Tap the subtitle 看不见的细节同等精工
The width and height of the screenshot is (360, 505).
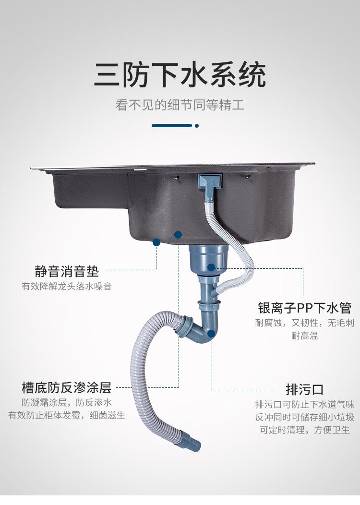click(180, 105)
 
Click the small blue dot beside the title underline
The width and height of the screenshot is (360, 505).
click(197, 126)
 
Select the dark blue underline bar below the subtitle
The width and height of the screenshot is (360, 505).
click(172, 126)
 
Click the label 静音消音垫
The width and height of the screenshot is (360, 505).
click(67, 271)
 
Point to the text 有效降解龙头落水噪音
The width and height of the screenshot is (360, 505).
click(67, 287)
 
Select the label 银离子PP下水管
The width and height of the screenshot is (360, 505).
click(304, 307)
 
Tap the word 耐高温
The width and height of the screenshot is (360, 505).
click(304, 336)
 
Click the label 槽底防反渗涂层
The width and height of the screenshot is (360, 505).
click(67, 387)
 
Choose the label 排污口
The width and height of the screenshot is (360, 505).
click(304, 389)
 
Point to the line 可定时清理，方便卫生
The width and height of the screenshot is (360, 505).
click(304, 430)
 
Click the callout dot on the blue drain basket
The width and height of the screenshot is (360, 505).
click(211, 267)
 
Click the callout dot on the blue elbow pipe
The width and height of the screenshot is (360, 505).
click(212, 333)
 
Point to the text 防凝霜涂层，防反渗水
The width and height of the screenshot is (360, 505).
click(67, 403)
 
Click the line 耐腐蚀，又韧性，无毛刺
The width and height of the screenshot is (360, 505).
click(304, 323)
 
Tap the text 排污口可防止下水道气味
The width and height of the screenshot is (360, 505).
click(304, 404)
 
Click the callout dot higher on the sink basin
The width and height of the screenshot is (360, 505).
click(178, 235)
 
